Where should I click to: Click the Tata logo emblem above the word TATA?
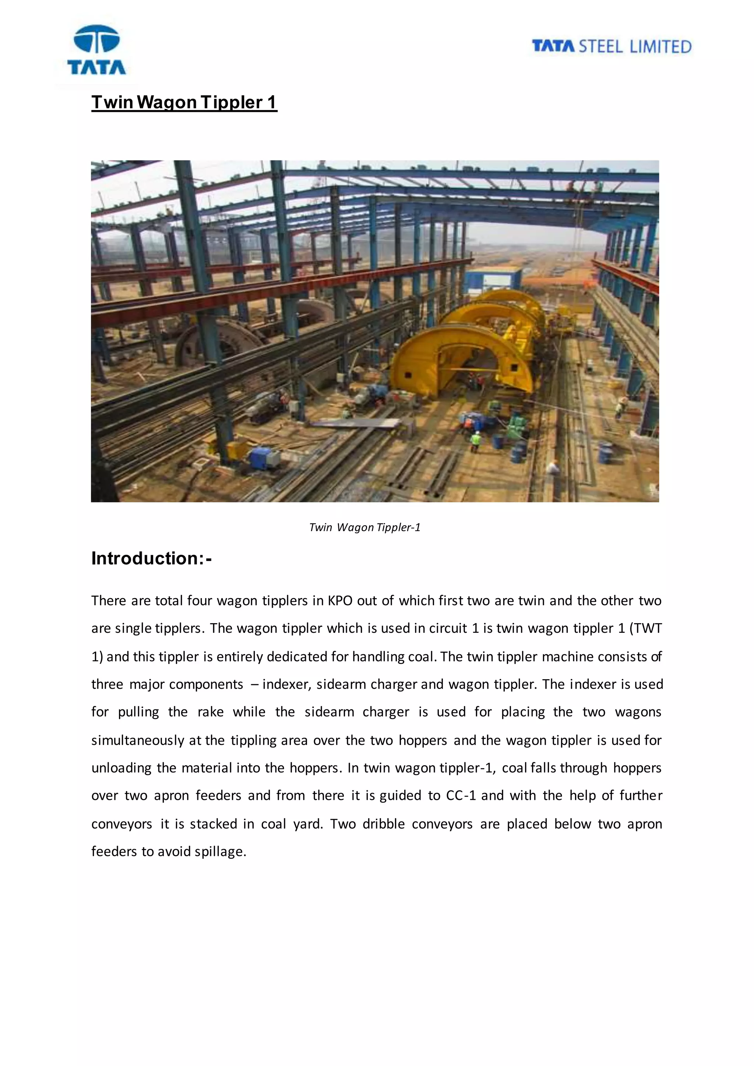96,39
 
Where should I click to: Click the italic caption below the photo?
364,527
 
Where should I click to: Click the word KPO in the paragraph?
340,600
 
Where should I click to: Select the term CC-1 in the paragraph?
461,795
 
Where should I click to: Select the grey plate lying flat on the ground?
355,423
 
